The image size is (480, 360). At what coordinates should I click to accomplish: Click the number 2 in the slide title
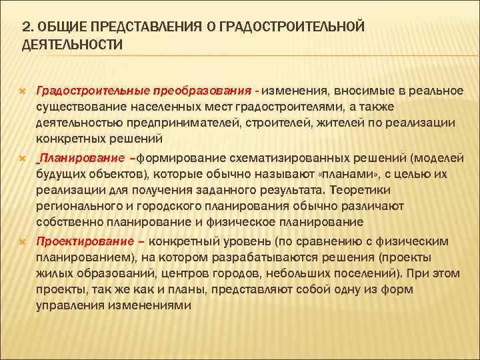[x=26, y=26]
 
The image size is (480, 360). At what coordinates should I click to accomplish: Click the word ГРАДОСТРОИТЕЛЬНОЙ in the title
[x=294, y=26]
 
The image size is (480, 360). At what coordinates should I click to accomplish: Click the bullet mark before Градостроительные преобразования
[x=23, y=90]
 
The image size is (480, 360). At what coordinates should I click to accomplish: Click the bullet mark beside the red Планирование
[x=23, y=159]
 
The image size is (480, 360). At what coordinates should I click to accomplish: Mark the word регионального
[x=78, y=207]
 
